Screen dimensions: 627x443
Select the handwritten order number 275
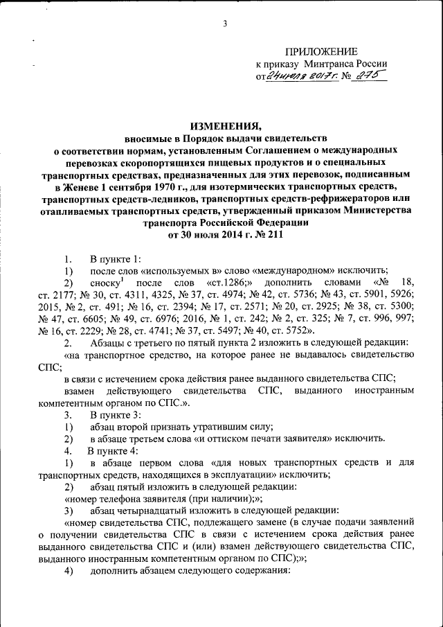tap(365, 76)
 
